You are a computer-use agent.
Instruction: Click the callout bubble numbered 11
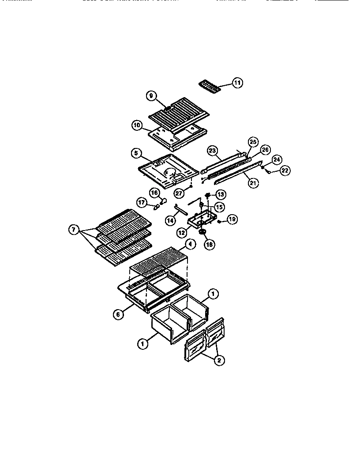[x=237, y=83]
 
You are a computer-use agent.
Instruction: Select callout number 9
[x=151, y=96]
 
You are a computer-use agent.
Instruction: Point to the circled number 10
[x=138, y=125]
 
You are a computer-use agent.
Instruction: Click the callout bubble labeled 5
[x=136, y=154]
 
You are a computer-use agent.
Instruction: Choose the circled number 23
[x=213, y=151]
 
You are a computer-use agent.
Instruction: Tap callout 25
[x=253, y=142]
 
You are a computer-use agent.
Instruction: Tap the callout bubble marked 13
[x=220, y=195]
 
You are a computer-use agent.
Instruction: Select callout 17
[x=142, y=203]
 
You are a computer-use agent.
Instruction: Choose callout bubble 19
[x=232, y=219]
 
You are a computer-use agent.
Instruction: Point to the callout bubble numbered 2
[x=218, y=360]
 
